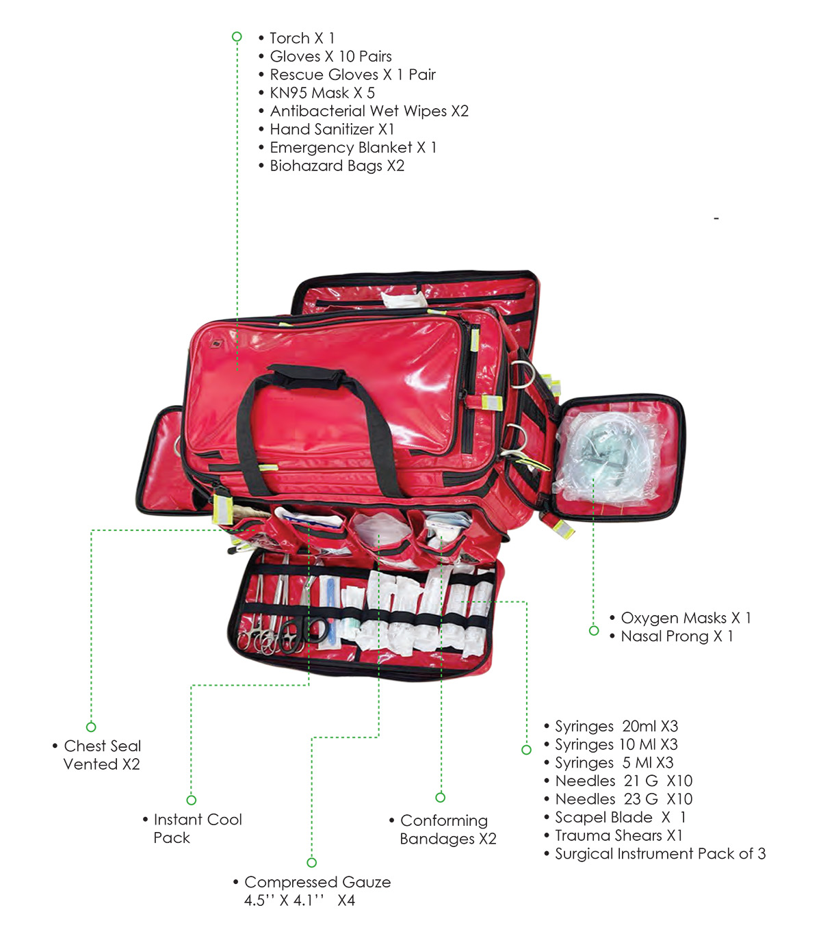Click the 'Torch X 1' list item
click(x=302, y=38)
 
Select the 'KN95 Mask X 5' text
click(x=322, y=93)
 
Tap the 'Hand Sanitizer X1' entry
click(x=332, y=129)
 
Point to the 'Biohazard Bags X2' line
click(x=337, y=166)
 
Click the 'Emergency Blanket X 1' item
click(x=353, y=148)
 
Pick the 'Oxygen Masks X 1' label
click(x=686, y=618)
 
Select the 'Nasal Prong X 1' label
click(x=677, y=636)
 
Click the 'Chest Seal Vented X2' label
click(x=102, y=755)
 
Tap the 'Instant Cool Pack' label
click(x=197, y=829)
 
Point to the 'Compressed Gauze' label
click(x=317, y=882)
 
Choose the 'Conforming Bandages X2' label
click(x=447, y=829)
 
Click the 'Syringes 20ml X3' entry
click(x=616, y=726)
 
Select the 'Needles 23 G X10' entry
click(x=624, y=798)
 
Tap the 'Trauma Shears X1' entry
click(x=618, y=835)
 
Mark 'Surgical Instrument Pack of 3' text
click(x=660, y=854)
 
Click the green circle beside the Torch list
click(x=237, y=36)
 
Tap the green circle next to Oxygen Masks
click(x=594, y=631)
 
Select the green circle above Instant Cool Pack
click(x=192, y=800)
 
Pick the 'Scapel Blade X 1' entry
click(x=620, y=817)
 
